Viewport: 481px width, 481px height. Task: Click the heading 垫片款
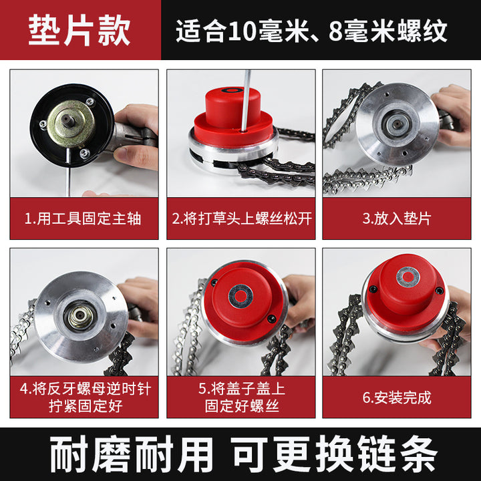click(x=79, y=30)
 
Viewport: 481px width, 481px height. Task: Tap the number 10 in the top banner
click(x=242, y=31)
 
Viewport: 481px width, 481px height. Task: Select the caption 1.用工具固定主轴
click(x=83, y=218)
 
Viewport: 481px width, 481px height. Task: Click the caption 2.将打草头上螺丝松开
click(x=241, y=218)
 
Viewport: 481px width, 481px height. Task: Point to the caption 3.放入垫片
click(x=397, y=218)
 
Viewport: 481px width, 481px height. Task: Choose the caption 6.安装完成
click(x=397, y=397)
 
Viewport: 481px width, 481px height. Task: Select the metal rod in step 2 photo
click(x=245, y=102)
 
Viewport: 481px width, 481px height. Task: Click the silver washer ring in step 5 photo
click(x=240, y=297)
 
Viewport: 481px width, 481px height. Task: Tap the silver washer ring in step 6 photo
click(x=408, y=277)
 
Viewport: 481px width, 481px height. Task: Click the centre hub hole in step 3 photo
click(x=396, y=124)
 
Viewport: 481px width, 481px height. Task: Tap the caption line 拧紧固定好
click(x=86, y=406)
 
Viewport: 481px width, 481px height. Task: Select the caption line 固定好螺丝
click(x=242, y=406)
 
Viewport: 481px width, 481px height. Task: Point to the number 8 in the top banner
click(x=335, y=31)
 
